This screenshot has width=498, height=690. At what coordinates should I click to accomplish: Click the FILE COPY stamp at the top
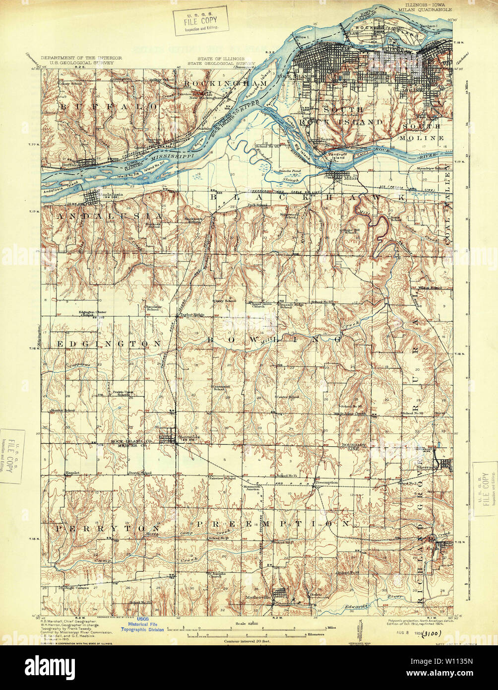pyautogui.click(x=200, y=20)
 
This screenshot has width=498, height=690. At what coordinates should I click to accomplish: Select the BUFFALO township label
pyautogui.click(x=110, y=106)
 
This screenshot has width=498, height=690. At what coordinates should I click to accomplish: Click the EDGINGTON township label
pyautogui.click(x=109, y=343)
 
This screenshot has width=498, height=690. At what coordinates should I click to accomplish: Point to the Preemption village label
pyautogui.click(x=327, y=482)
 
